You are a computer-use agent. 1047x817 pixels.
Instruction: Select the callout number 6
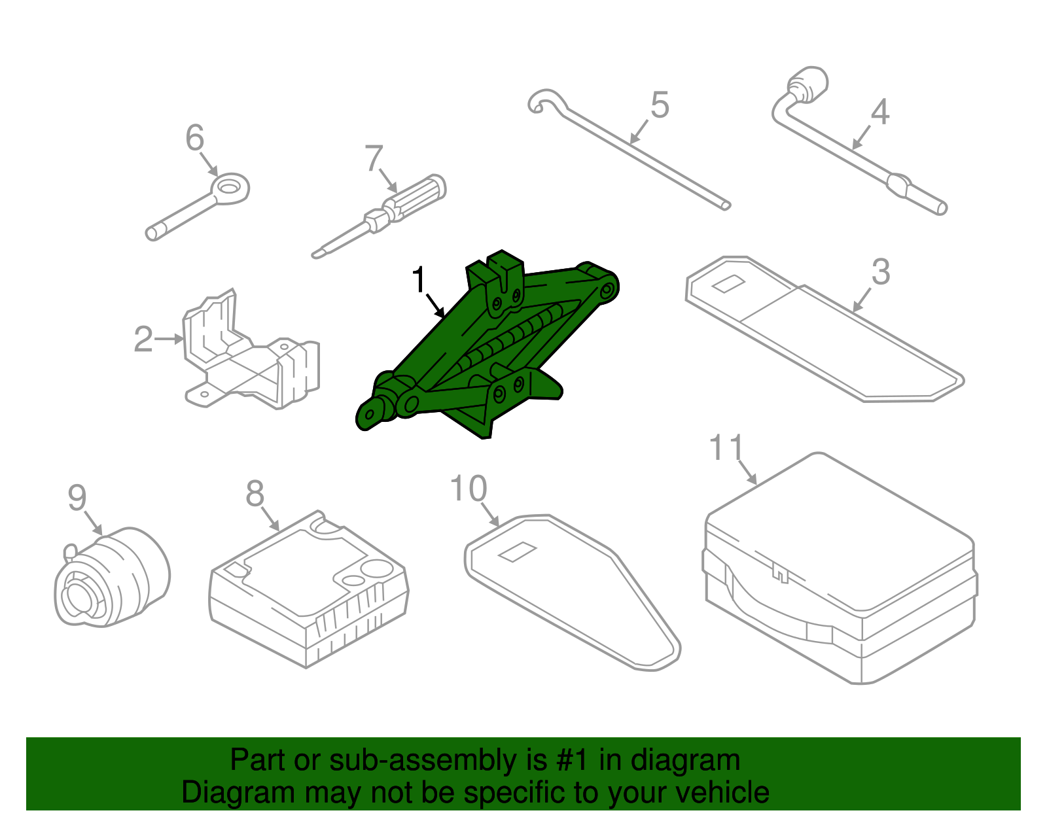coord(194,138)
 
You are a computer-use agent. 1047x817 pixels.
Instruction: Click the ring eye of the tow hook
coord(230,188)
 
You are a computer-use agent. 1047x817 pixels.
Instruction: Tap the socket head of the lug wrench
coord(809,83)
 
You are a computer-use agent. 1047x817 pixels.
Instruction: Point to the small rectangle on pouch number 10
coord(517,552)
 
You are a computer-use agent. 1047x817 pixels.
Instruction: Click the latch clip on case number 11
coord(779,572)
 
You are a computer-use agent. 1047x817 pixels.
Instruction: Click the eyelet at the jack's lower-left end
coord(372,415)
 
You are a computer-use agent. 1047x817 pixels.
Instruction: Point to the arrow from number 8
coord(270,521)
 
